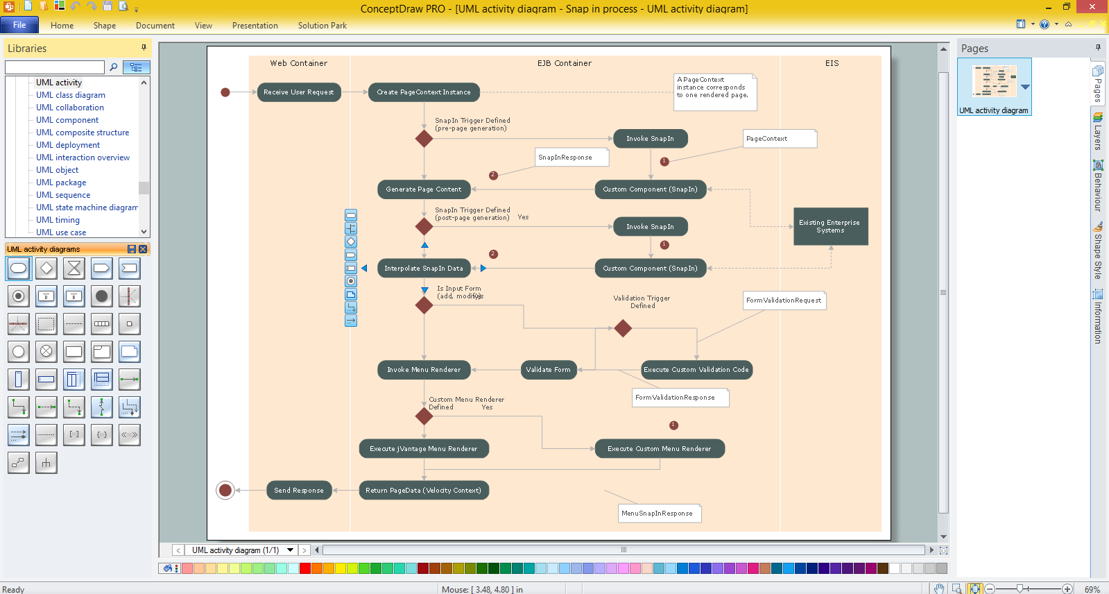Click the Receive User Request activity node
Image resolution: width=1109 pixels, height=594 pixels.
299,92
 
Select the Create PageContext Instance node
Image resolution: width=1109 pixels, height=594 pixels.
424,92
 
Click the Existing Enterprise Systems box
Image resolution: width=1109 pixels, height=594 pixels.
831,226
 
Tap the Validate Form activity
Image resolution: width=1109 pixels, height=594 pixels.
549,370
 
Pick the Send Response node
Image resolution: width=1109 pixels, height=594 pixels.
299,491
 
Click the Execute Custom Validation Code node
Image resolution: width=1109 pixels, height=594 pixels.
696,370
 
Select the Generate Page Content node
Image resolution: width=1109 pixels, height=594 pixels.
424,189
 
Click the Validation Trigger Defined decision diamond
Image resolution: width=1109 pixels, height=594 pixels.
623,328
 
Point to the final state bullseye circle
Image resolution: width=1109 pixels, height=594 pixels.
225,491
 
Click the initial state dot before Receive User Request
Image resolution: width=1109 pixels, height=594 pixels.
225,92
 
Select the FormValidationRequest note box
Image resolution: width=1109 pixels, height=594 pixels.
784,300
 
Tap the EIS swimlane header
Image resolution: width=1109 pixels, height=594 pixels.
832,63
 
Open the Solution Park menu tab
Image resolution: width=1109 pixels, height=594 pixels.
323,25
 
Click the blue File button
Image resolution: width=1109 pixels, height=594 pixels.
20,25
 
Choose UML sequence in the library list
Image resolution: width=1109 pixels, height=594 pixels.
63,195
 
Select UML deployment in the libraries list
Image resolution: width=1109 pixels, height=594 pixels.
68,144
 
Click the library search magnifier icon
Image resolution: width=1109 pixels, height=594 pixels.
113,67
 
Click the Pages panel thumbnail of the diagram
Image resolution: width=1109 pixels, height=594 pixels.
994,81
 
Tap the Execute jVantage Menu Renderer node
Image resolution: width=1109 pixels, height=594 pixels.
424,449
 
